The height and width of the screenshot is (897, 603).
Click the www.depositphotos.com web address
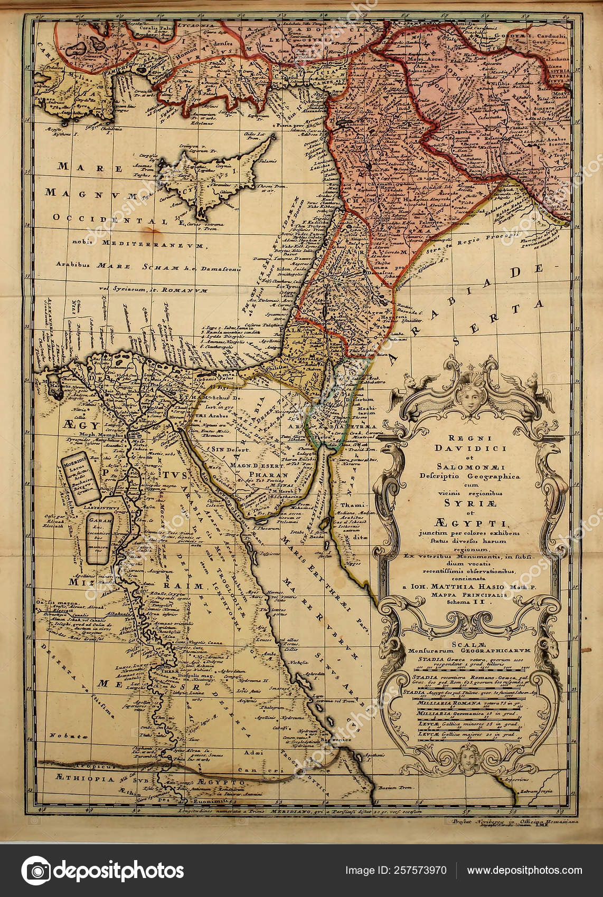point(524,871)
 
